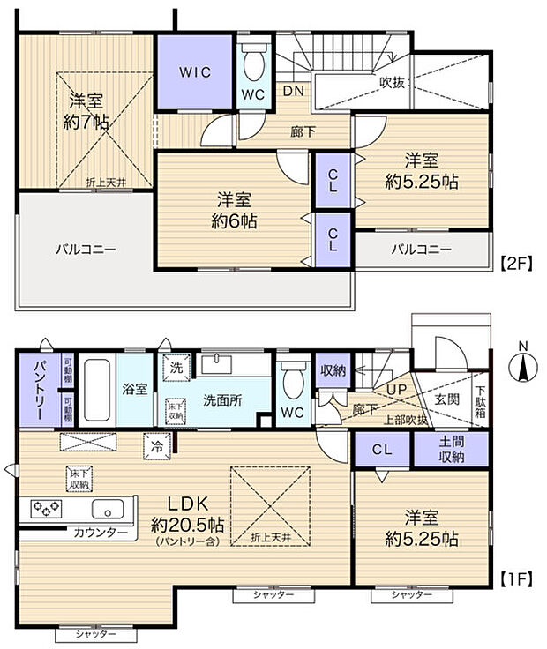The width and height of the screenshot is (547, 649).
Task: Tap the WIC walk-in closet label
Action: (x=197, y=71)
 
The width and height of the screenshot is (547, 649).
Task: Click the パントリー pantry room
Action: (x=39, y=389)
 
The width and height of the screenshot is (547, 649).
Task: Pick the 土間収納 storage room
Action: (x=451, y=450)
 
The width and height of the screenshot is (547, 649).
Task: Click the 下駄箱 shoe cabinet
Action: (x=481, y=402)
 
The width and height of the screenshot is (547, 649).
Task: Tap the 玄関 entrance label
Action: (x=446, y=399)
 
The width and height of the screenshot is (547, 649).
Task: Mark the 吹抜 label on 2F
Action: (x=393, y=81)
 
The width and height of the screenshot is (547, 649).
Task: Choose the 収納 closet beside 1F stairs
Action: (x=333, y=369)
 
